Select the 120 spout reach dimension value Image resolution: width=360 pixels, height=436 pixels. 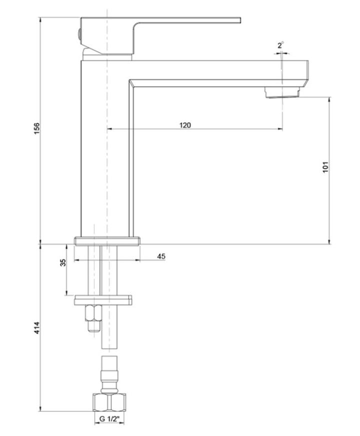[x=185, y=125]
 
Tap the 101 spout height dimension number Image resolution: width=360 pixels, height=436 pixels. [x=325, y=167]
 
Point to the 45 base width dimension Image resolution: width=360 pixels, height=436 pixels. [x=161, y=256]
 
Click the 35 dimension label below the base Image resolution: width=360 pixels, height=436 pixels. [x=63, y=264]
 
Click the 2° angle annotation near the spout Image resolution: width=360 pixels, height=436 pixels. [x=281, y=45]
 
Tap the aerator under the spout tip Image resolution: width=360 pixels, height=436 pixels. [x=283, y=92]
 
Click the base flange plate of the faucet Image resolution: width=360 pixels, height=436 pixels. [x=107, y=241]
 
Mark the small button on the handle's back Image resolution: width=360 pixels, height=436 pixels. [x=79, y=33]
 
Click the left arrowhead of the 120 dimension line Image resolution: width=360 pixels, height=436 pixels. [x=110, y=129]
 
